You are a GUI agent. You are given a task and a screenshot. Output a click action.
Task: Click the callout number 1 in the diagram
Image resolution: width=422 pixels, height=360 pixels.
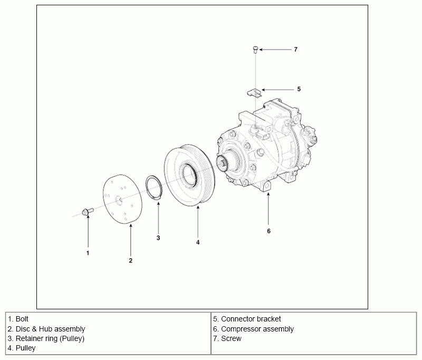[88, 253]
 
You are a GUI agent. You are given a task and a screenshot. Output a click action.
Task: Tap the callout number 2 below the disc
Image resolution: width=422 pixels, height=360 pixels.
[130, 260]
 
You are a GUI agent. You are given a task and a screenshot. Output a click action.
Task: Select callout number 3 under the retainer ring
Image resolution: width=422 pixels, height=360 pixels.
[158, 238]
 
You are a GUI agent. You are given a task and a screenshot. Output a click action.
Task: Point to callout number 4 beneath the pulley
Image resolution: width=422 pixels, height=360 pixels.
[198, 242]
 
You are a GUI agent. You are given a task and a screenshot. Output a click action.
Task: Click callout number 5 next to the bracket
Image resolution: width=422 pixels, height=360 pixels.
[299, 89]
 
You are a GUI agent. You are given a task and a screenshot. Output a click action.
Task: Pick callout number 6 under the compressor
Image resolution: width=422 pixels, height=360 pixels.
[268, 231]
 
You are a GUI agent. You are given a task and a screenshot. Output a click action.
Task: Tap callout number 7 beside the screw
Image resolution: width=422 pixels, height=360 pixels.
[295, 50]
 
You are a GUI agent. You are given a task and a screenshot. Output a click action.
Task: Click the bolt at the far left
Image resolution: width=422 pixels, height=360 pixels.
[88, 211]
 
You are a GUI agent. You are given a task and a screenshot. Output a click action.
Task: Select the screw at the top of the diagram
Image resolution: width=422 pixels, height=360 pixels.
[255, 50]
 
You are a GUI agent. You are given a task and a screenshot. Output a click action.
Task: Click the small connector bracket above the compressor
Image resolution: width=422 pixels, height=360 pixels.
[254, 93]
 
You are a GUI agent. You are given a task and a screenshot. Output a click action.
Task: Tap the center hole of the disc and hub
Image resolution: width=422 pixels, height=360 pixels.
[119, 200]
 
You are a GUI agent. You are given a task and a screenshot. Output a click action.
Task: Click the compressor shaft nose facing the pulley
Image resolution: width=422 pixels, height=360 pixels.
[223, 163]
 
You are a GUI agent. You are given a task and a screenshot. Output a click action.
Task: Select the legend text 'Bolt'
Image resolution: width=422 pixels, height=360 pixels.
[22, 319]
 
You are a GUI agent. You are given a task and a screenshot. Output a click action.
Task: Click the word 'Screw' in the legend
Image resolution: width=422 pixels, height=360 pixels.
[231, 338]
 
